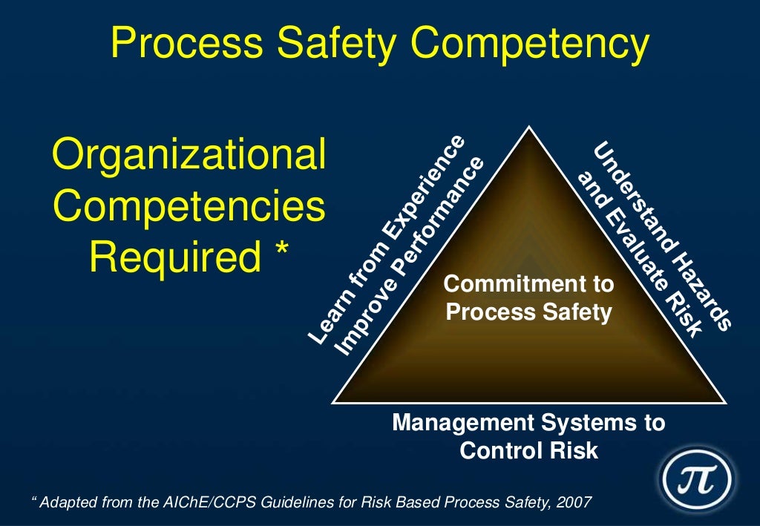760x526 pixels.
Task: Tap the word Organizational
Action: [x=189, y=157]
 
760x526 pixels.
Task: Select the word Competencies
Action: [x=189, y=207]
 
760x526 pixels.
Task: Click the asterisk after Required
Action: [x=280, y=256]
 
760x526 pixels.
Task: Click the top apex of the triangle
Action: [x=528, y=127]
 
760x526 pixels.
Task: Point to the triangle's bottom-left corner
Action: [x=332, y=402]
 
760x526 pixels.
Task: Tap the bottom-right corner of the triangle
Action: [x=724, y=402]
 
